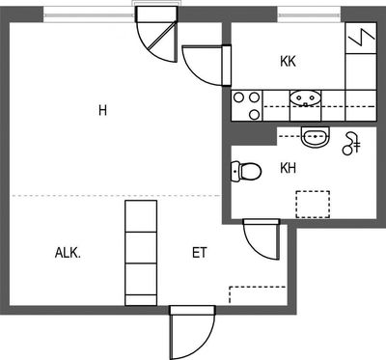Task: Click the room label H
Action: click(102, 110)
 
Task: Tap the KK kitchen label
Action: click(288, 61)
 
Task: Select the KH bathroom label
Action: click(288, 168)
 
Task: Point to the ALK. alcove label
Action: click(68, 253)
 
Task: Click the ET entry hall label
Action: click(200, 253)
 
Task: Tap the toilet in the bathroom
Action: click(246, 171)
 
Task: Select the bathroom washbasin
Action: click(316, 137)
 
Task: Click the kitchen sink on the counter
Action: click(305, 98)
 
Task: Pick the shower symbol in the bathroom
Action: click(351, 144)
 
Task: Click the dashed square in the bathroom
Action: click(313, 205)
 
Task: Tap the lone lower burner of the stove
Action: click(255, 114)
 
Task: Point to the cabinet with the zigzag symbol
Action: click(361, 38)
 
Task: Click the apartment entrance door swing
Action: click(192, 333)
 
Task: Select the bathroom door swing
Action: click(262, 239)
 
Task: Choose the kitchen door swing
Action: click(207, 66)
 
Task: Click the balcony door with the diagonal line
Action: click(157, 35)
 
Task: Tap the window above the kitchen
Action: click(309, 14)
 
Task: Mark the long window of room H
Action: click(89, 15)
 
